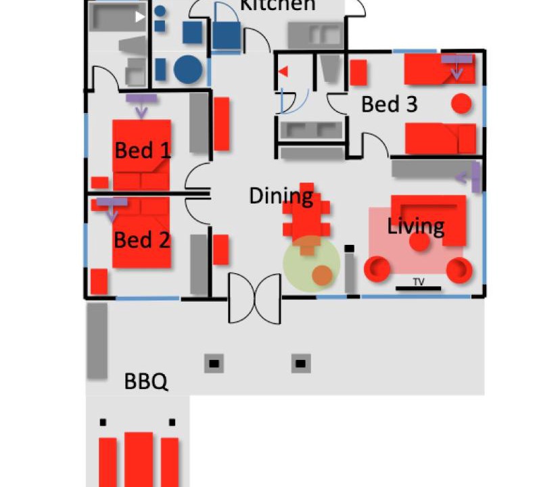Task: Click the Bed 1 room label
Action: (x=143, y=150)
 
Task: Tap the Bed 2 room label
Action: (x=142, y=239)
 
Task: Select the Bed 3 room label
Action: (x=390, y=104)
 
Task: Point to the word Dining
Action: (x=281, y=196)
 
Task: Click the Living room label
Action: (x=416, y=227)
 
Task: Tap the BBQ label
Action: (x=145, y=381)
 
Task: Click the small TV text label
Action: (x=419, y=282)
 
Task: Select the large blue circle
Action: (x=188, y=69)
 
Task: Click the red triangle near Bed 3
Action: (x=283, y=72)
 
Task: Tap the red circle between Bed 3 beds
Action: (x=461, y=103)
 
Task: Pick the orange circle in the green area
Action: (x=322, y=275)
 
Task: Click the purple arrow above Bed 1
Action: (x=141, y=105)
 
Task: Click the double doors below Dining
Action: (x=255, y=298)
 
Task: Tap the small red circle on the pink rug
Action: (x=419, y=241)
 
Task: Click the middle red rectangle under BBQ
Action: (x=139, y=459)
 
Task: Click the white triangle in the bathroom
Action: (x=140, y=17)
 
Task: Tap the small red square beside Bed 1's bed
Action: (x=100, y=183)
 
